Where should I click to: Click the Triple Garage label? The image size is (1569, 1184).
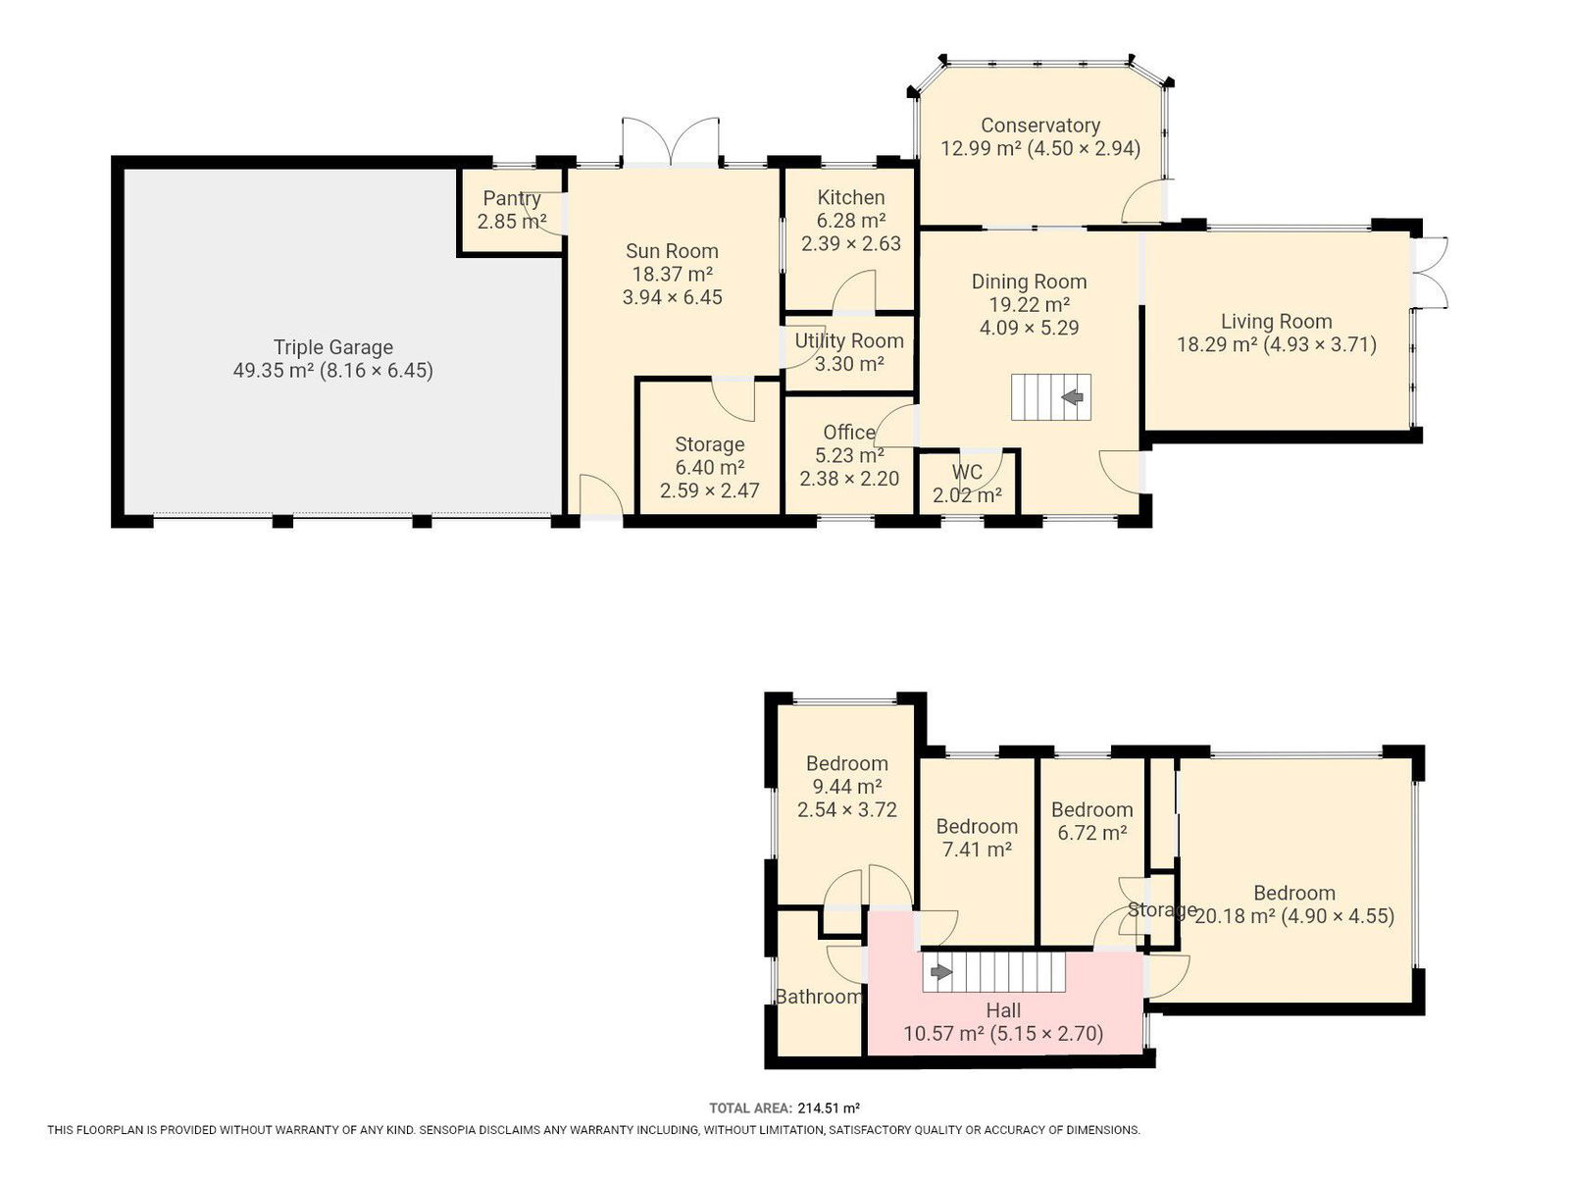(333, 347)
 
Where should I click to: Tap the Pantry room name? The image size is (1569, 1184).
(512, 198)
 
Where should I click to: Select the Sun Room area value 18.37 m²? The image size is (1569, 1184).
(672, 275)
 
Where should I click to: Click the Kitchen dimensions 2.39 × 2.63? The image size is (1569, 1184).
(850, 244)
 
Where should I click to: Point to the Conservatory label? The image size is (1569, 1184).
(1040, 126)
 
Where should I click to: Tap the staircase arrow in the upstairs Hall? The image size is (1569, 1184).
(940, 972)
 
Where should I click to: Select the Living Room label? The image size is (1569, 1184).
(1276, 322)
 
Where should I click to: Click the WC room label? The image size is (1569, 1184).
(967, 472)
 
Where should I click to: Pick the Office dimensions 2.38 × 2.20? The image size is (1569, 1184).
(849, 479)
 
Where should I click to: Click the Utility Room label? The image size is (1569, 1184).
(849, 341)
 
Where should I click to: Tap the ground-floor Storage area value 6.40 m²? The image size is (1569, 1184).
(710, 468)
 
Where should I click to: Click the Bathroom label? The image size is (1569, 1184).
(819, 997)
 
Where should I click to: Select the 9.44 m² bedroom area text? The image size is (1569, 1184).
(846, 787)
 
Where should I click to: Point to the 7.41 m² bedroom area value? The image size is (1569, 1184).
(977, 850)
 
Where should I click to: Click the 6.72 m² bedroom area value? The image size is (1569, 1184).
(1091, 833)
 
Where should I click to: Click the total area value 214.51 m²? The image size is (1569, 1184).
(828, 1108)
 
